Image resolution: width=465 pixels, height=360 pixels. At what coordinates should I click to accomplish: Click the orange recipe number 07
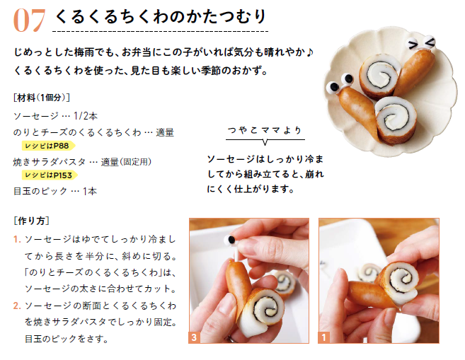point(29,20)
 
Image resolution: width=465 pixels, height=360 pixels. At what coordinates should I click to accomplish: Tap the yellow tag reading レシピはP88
point(48,146)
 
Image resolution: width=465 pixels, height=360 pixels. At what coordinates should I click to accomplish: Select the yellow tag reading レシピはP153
point(50,175)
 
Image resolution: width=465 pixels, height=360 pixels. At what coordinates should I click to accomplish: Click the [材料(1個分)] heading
point(42,98)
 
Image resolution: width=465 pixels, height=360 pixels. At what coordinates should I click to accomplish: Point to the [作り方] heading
point(31,221)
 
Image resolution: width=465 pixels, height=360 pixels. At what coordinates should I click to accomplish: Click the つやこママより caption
point(265,130)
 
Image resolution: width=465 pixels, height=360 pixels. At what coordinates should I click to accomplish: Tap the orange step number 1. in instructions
point(17,239)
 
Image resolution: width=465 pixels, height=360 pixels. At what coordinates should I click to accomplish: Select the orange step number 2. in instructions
point(17,306)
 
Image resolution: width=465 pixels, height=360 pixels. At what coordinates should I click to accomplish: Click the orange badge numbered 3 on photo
point(194,337)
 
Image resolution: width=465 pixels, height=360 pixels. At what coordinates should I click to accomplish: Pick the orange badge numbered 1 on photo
point(323,337)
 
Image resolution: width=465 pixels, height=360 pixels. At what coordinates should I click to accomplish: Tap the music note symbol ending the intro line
point(309,52)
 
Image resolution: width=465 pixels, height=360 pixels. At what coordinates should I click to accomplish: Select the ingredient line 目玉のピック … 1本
point(55,191)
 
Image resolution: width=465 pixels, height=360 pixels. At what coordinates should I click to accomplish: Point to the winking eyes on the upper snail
point(421,43)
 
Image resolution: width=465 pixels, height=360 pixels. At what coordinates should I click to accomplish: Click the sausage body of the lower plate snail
point(358,112)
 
